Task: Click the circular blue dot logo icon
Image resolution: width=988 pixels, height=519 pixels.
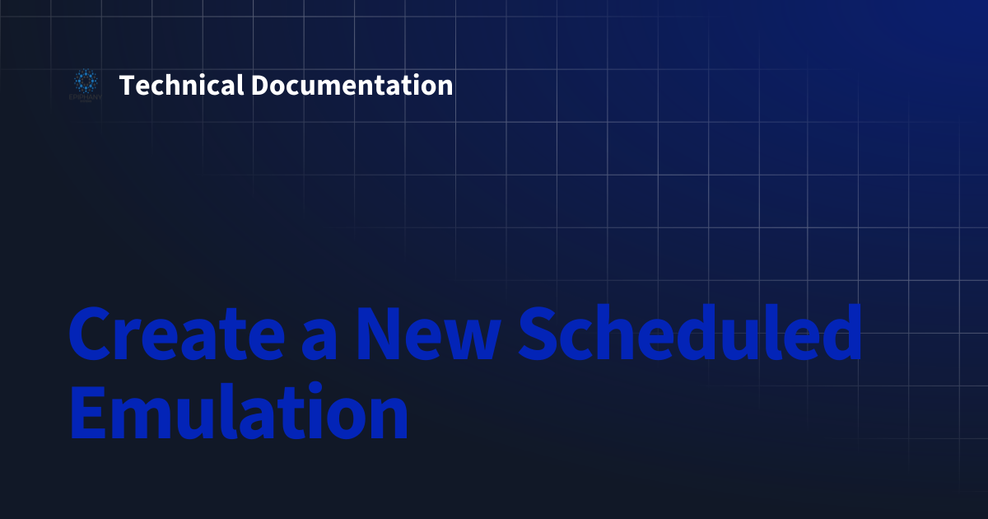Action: point(86,81)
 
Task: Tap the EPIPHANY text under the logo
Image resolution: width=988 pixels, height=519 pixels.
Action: point(86,97)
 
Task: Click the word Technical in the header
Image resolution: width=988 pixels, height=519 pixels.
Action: point(181,85)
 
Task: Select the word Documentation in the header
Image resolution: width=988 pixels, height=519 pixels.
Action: point(352,85)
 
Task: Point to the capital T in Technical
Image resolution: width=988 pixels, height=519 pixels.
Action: point(127,85)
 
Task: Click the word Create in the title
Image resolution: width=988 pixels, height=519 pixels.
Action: point(177,333)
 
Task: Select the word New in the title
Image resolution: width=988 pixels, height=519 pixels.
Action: point(429,333)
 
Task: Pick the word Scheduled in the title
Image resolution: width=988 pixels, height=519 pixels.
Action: point(690,332)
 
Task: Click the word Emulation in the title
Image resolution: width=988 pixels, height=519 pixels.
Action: point(239,410)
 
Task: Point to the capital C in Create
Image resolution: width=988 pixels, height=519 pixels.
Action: point(90,333)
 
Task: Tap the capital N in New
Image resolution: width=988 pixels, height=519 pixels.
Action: point(379,334)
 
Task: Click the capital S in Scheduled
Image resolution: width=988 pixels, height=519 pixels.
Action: point(538,333)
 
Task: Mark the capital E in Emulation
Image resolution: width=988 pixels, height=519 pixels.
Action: point(88,412)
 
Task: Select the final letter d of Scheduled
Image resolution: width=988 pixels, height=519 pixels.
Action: point(840,332)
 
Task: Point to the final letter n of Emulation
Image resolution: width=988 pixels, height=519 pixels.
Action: point(388,418)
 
